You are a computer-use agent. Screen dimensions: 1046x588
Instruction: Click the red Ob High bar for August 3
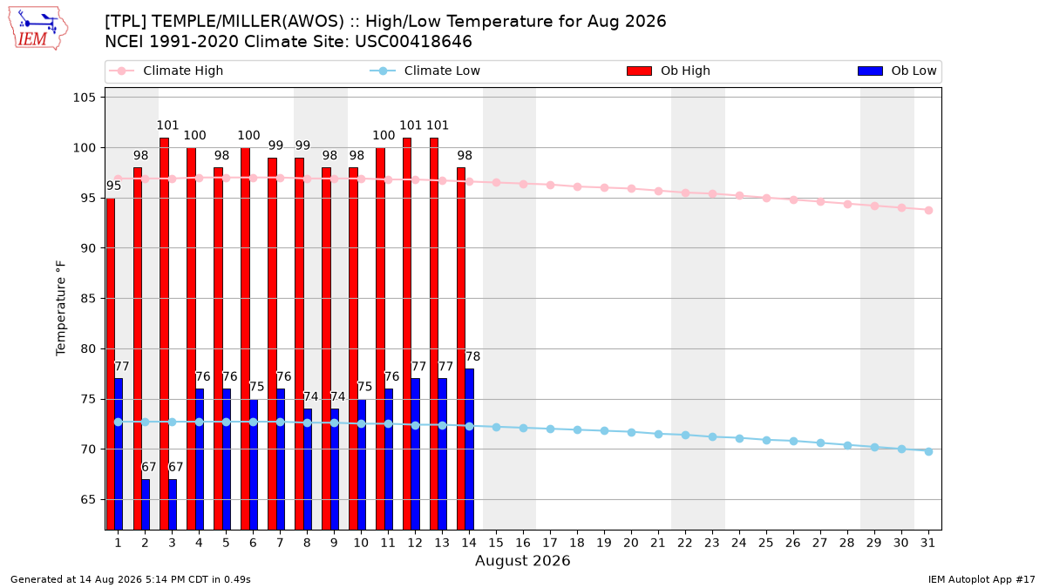point(164,334)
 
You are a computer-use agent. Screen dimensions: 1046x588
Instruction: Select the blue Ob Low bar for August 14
point(469,449)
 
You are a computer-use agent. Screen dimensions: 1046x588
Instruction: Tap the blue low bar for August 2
point(146,504)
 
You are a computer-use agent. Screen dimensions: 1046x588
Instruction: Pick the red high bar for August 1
point(110,364)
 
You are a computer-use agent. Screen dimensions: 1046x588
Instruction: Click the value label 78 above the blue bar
point(472,356)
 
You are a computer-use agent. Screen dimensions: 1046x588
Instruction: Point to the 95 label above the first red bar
point(113,186)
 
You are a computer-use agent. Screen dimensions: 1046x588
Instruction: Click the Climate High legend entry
point(166,71)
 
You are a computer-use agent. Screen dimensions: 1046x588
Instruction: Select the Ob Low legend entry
point(897,71)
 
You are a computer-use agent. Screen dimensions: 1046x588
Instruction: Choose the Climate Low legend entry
point(425,71)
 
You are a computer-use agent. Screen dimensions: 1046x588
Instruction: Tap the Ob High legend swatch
point(639,71)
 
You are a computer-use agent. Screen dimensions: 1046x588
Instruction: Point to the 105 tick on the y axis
point(84,98)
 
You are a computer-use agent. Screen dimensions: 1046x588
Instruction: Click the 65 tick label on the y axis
point(88,500)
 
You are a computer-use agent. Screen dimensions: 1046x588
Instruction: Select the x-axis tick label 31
point(927,543)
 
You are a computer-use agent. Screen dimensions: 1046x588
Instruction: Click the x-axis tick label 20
point(631,543)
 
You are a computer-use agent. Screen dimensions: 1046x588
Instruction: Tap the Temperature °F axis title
point(61,308)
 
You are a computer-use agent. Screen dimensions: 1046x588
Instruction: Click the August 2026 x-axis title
point(522,560)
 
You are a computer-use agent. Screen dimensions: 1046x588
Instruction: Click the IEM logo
point(37,29)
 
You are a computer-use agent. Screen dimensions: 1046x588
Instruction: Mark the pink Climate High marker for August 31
point(928,211)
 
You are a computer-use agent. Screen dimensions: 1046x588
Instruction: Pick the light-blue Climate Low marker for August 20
point(631,433)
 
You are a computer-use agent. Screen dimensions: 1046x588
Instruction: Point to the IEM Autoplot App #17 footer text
point(981,579)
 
